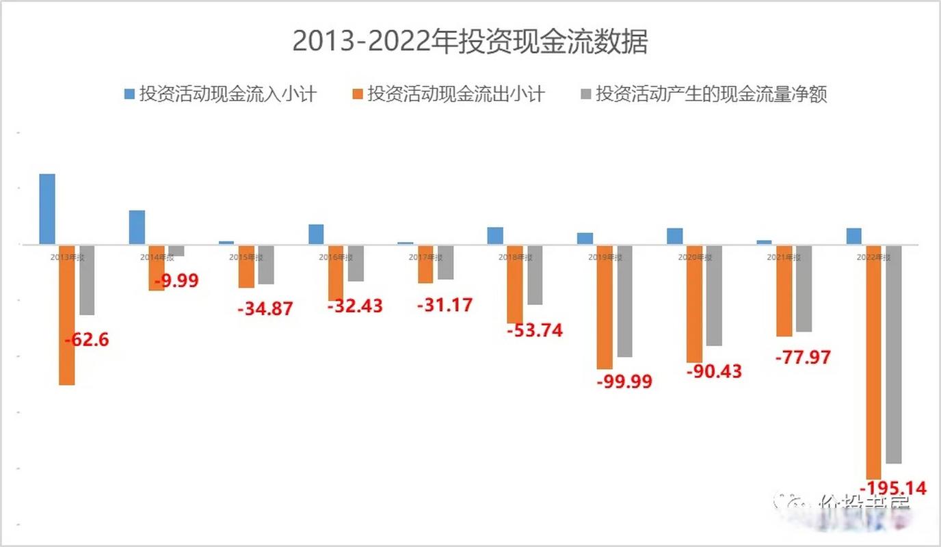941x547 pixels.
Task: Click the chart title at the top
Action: (470, 42)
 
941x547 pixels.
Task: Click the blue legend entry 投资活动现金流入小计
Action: (220, 94)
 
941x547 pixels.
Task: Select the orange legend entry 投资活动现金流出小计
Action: (448, 94)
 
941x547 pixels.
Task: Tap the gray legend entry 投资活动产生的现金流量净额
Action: (703, 94)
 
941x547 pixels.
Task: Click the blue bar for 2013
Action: (47, 209)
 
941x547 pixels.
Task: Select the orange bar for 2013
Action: (66, 315)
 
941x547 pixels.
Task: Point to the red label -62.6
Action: (86, 339)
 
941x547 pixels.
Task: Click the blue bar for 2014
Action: (137, 227)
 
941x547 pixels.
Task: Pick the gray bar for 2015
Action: (266, 265)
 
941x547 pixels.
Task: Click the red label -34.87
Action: (265, 308)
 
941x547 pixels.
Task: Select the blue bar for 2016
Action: (316, 234)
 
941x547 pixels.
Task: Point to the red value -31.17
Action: (445, 304)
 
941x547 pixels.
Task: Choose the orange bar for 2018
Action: (515, 284)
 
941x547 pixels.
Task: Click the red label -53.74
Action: (535, 330)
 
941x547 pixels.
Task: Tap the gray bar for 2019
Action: (624, 301)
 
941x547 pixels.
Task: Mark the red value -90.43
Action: (714, 372)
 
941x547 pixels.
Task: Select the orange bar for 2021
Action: (784, 291)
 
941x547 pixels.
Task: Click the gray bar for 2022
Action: (893, 354)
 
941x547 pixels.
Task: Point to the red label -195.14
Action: (892, 488)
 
